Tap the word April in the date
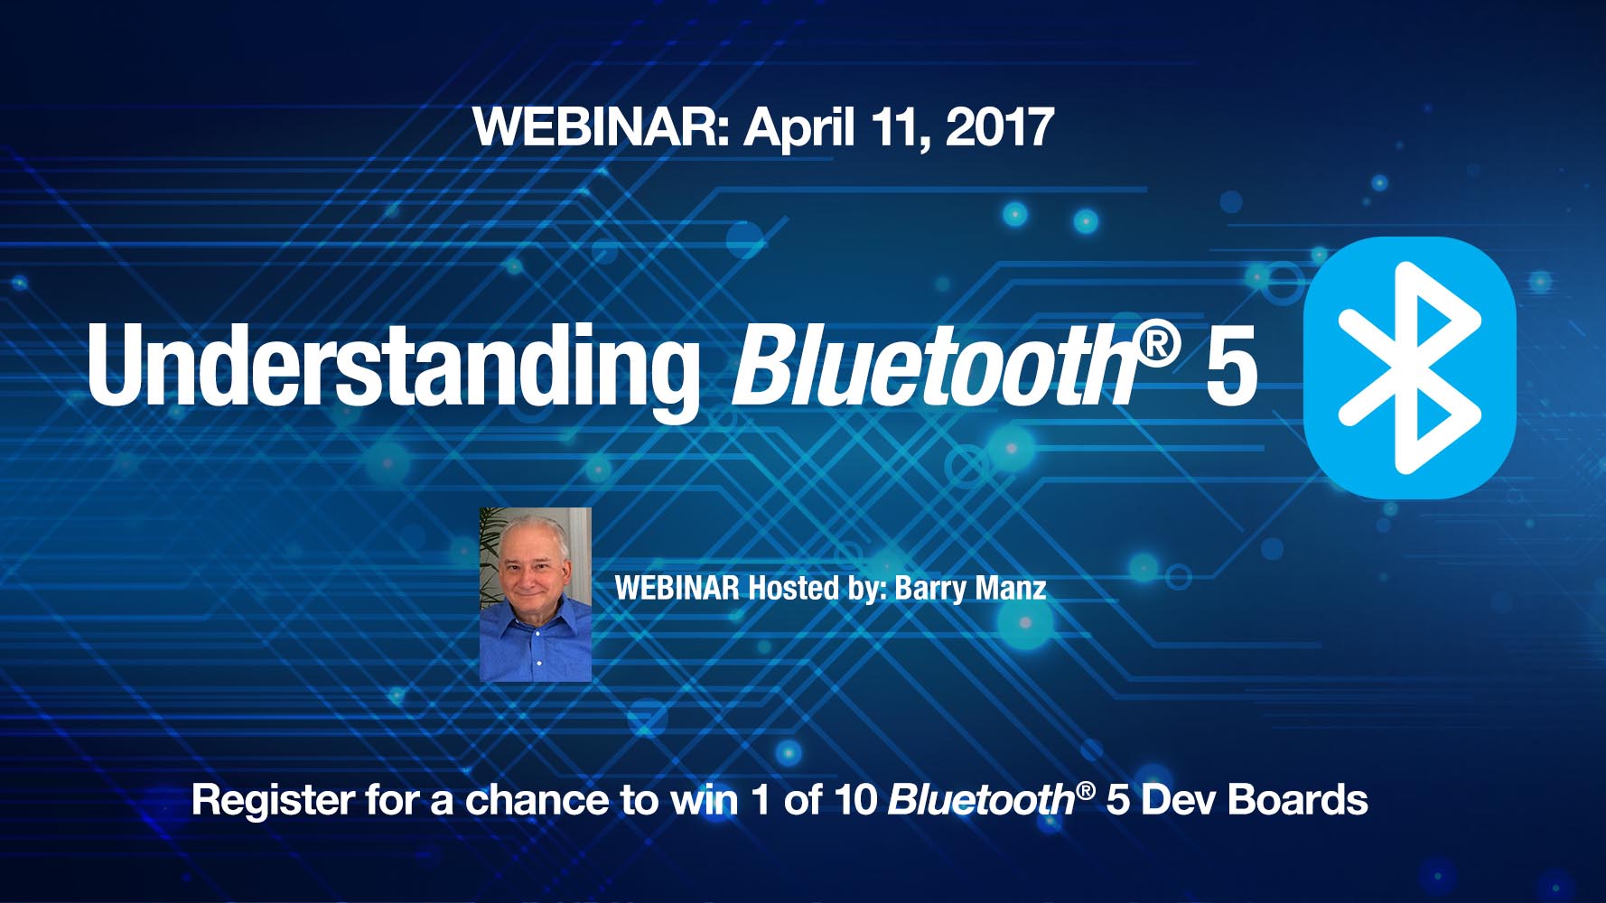point(798,128)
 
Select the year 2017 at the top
point(1000,126)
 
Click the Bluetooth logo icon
point(1409,368)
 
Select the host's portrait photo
point(535,594)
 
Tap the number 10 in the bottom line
point(855,800)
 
